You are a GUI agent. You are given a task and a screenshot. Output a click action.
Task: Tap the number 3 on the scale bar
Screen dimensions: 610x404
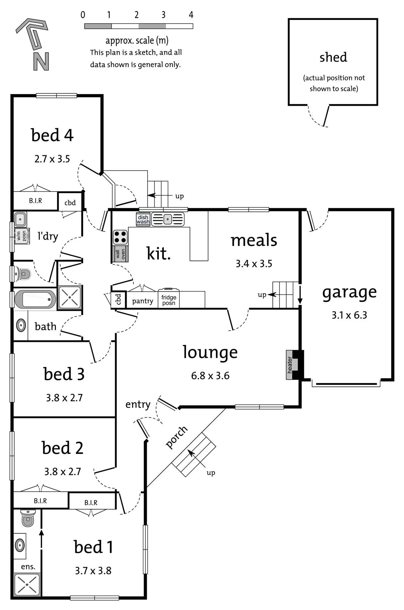[x=164, y=15]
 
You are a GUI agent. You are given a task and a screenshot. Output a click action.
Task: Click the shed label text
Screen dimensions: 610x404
[x=333, y=57]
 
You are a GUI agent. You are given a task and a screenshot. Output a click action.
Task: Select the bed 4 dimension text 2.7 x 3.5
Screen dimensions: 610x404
[x=52, y=159]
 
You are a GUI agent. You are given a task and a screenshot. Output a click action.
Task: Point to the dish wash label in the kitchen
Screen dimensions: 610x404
[x=143, y=219]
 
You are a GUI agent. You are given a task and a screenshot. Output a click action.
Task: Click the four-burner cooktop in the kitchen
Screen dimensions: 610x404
[x=120, y=237]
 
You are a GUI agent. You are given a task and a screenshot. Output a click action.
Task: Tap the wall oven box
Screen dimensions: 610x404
[x=121, y=254]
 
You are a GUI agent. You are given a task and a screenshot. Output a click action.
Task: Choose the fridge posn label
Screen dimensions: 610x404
[x=169, y=300]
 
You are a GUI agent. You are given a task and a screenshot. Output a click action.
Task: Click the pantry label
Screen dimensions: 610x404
[x=142, y=301]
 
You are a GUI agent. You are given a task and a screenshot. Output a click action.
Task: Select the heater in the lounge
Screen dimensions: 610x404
[x=290, y=365]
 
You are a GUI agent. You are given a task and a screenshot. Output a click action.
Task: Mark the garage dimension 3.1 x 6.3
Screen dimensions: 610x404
[x=349, y=315]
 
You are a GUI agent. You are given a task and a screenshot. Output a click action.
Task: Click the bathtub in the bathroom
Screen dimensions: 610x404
[x=35, y=299]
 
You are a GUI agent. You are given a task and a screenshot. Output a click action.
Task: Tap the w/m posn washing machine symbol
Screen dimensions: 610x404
[x=22, y=236]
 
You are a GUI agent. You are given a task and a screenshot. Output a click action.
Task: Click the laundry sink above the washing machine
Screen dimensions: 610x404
[x=20, y=219]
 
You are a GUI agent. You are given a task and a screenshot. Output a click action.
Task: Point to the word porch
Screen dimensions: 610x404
[x=176, y=437]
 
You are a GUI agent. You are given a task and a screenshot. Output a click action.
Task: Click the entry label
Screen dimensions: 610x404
[x=138, y=404]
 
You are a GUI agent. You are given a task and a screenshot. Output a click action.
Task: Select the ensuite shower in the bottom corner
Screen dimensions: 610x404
[x=27, y=585]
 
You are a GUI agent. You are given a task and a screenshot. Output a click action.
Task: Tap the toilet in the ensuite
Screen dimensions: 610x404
[x=28, y=518]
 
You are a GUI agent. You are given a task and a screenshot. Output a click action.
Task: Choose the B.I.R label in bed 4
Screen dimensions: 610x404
[x=35, y=201]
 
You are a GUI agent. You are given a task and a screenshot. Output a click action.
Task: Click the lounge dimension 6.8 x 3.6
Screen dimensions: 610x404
[x=210, y=376]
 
